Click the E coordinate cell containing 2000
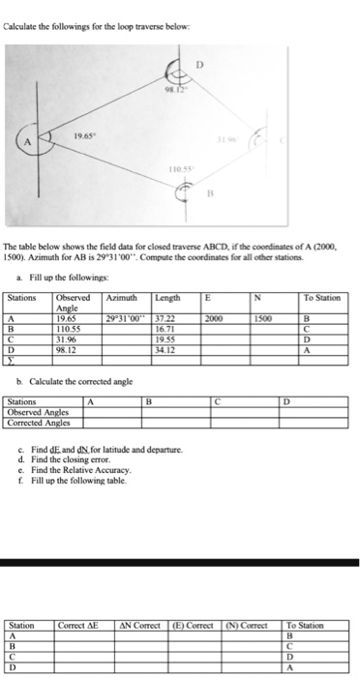pyautogui.click(x=213, y=289)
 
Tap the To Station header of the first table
pyautogui.click(x=321, y=272)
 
